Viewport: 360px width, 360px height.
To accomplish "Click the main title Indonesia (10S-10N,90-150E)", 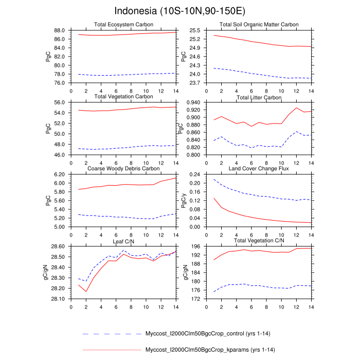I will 179,11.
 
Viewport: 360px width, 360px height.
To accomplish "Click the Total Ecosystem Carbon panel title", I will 123,25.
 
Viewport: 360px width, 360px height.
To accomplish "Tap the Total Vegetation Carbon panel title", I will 123,97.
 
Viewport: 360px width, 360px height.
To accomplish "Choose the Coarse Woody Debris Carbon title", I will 123,169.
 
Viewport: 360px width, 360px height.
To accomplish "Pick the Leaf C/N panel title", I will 123,241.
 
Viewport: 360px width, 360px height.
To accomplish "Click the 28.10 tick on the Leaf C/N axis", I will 58,299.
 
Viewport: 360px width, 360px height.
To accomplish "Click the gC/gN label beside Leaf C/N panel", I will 47,273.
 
